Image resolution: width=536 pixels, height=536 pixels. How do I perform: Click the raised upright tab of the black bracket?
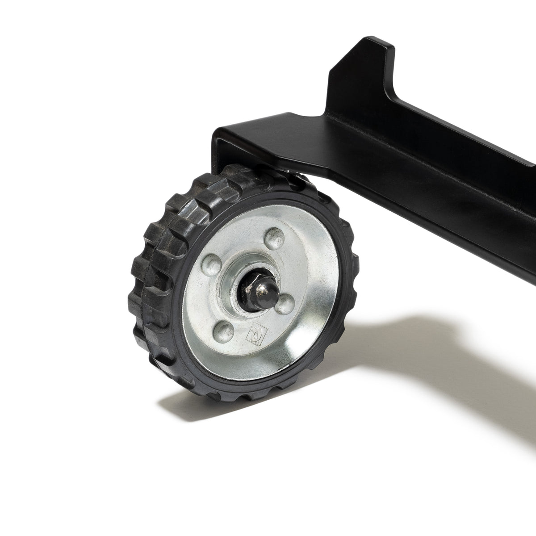[362, 76]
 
